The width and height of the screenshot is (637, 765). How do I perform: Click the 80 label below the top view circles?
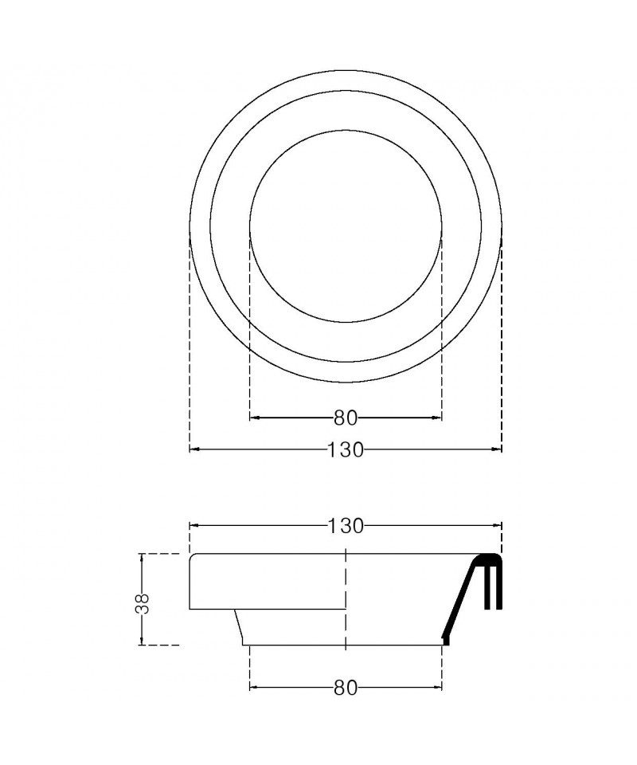346,418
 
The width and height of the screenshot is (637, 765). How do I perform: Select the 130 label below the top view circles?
345,449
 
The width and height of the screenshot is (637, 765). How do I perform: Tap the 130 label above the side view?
345,526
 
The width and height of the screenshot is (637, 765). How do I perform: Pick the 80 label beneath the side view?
346,688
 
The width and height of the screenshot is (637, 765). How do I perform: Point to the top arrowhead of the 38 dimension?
142,557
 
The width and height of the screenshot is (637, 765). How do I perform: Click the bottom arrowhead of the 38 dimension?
142,641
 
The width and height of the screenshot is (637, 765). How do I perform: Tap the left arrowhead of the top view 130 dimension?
193,449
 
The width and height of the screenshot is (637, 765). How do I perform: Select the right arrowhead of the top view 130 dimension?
498,449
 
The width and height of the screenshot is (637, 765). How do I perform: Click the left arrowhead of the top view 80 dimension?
254,418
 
